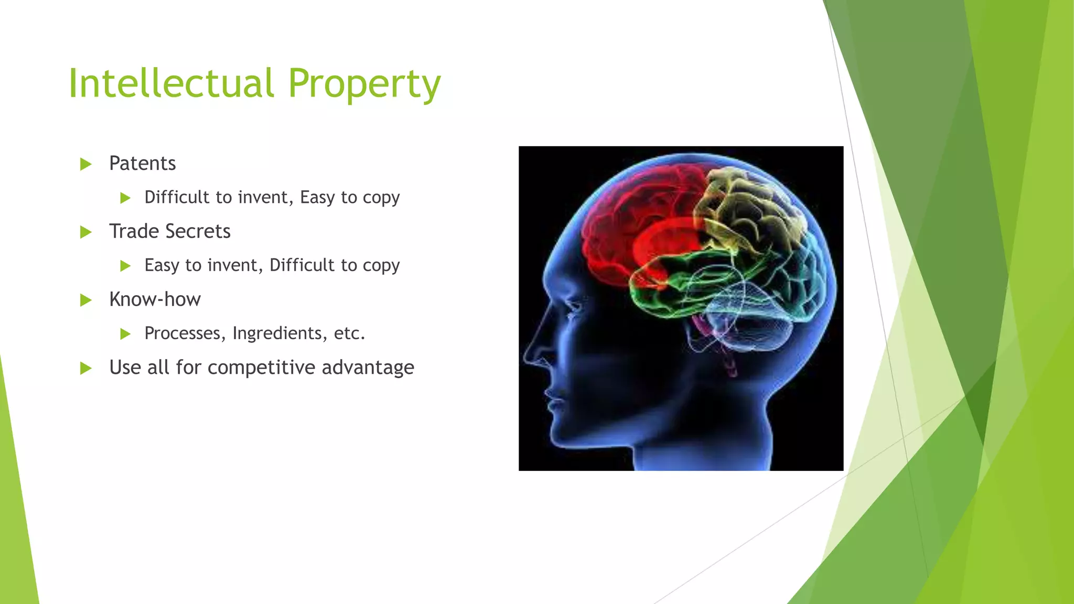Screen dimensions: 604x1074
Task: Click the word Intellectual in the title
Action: point(171,84)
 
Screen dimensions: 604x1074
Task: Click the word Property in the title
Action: point(364,85)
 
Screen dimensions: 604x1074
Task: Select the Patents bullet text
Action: point(142,164)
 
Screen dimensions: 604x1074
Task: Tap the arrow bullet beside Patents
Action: point(86,165)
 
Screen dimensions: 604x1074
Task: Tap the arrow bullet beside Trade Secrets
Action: point(86,232)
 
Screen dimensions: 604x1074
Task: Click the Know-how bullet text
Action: point(155,299)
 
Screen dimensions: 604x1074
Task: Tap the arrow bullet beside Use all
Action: point(86,369)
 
